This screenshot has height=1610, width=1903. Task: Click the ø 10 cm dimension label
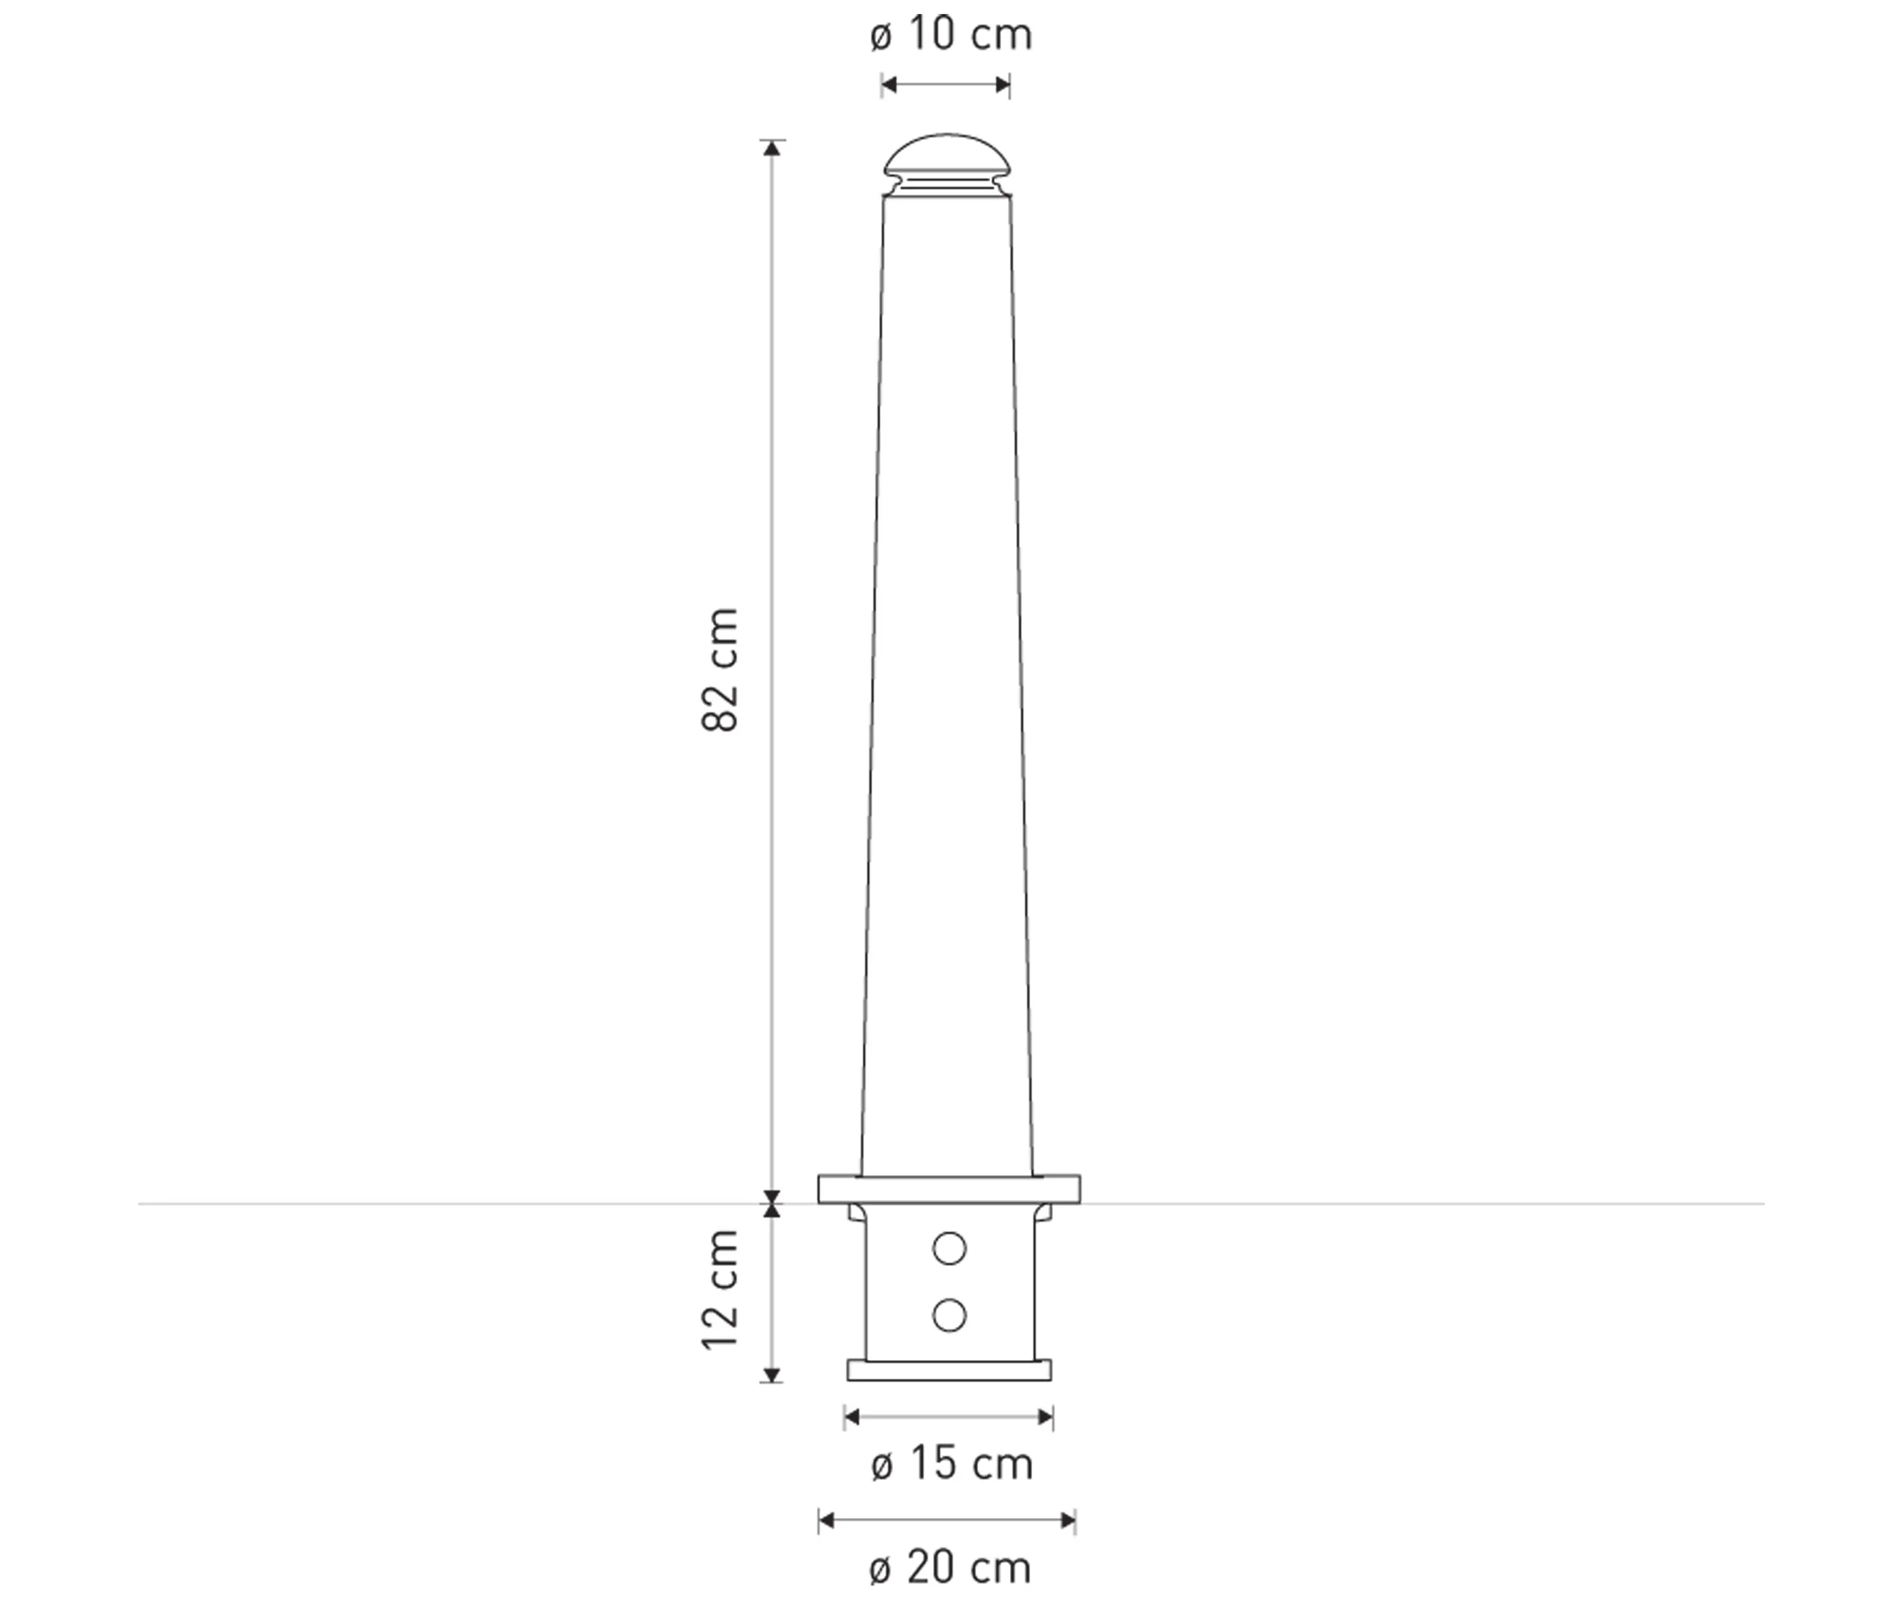951,36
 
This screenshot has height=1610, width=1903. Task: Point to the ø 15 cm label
951,1465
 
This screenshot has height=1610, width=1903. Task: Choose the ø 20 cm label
951,1569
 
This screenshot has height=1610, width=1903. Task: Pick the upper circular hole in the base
949,1248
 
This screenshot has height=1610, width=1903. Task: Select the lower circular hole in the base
949,1315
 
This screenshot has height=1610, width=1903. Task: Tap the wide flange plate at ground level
949,1189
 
